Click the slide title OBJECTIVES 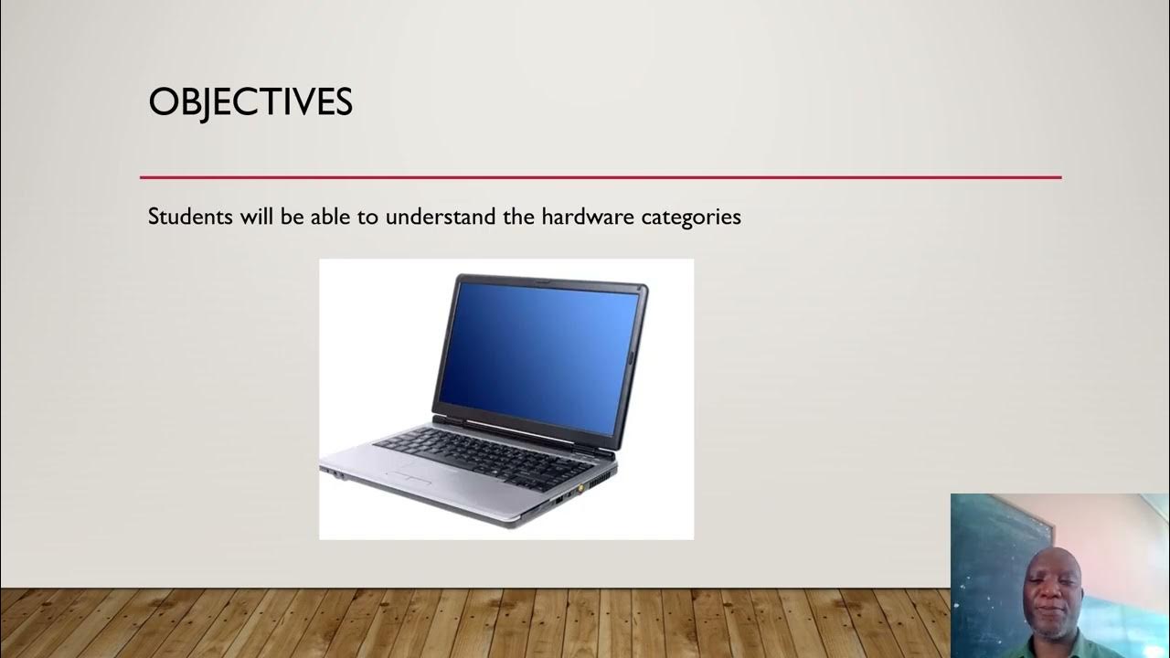tap(250, 102)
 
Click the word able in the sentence tap(324, 218)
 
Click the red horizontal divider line tap(600, 177)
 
